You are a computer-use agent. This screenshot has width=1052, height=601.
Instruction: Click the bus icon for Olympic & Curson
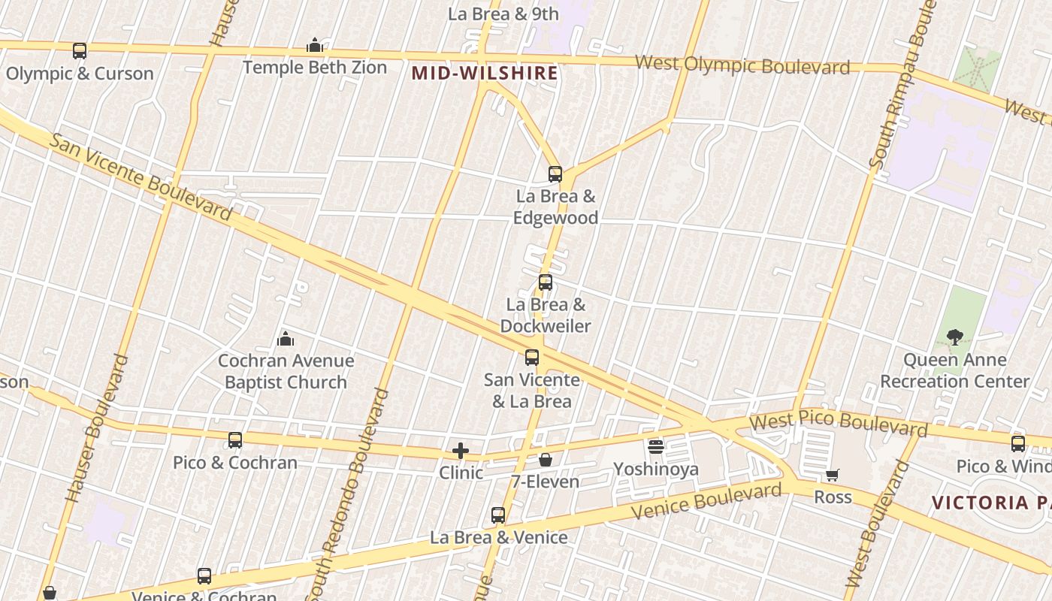[79, 51]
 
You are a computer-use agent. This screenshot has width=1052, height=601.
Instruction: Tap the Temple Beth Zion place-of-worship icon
[315, 46]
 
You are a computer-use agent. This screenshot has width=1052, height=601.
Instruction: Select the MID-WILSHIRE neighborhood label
[485, 73]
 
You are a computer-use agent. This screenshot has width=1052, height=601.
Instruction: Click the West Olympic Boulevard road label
[742, 65]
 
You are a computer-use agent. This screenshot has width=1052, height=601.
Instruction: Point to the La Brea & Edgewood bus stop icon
[555, 174]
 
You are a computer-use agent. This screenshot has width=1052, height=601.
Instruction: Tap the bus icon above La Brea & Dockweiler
[546, 283]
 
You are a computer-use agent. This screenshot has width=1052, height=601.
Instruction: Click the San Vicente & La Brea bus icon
[532, 358]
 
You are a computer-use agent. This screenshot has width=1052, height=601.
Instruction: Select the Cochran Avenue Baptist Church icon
[286, 340]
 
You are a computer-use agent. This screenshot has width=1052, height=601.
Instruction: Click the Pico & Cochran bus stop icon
[235, 440]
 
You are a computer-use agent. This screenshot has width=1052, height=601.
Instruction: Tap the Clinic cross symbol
[461, 451]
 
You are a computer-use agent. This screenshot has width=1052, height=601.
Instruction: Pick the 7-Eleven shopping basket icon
[546, 460]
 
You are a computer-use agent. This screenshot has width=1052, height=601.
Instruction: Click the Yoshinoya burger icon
[656, 448]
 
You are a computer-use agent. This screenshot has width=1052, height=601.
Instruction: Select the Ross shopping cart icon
[832, 476]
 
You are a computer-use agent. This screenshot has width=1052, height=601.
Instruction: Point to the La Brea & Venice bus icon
[498, 515]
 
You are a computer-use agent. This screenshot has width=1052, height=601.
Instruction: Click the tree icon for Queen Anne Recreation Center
[954, 337]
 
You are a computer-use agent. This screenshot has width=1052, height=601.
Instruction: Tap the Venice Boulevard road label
[706, 502]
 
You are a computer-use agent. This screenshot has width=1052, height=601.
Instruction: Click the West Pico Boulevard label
[839, 423]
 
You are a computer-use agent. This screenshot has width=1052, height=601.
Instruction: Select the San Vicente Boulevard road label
[141, 177]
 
